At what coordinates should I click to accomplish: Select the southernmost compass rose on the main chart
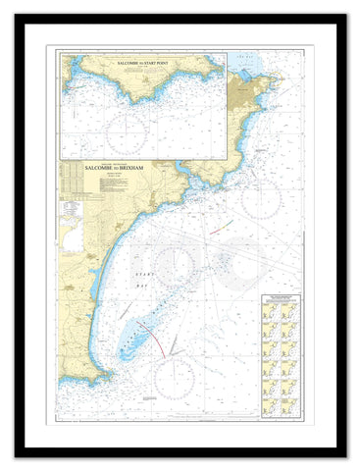pos(174,378)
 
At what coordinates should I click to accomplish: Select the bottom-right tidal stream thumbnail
pos(289,401)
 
